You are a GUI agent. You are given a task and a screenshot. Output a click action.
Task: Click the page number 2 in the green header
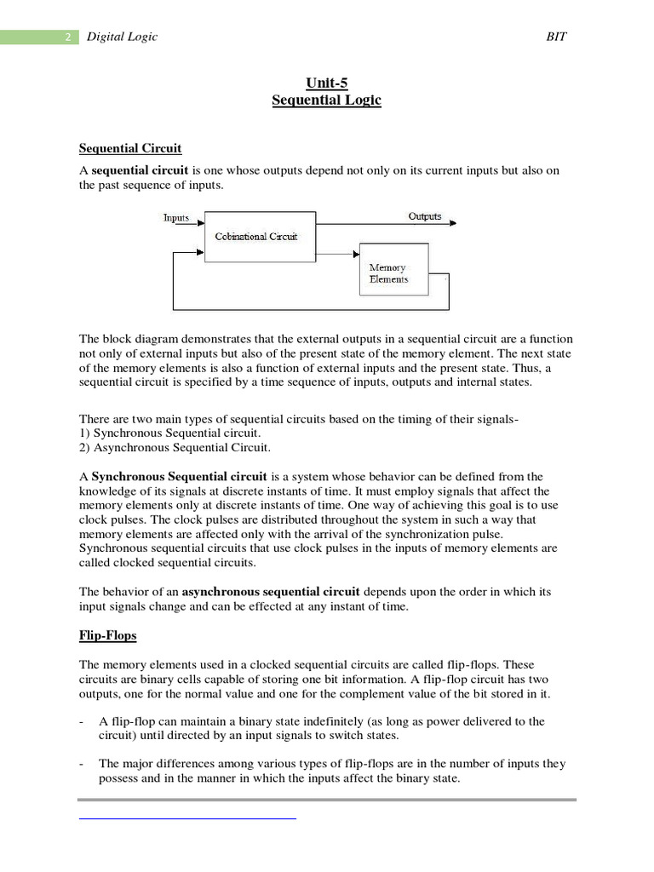[x=67, y=37]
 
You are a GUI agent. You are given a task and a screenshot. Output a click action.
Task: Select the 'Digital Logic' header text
[x=123, y=37]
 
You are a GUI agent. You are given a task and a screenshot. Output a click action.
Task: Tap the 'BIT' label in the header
[x=556, y=37]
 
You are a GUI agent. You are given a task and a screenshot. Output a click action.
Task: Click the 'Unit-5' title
[x=326, y=83]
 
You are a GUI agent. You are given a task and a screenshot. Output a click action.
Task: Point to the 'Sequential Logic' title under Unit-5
[x=326, y=100]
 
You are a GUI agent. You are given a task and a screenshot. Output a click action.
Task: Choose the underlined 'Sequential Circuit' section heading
[x=130, y=148]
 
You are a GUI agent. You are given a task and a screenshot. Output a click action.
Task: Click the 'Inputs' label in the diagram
[x=176, y=218]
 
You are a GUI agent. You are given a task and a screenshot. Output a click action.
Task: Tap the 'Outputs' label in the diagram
[x=425, y=216]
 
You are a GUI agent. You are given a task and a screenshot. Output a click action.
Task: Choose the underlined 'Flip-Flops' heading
[x=107, y=635]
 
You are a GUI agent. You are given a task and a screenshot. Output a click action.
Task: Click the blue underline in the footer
[x=187, y=818]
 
